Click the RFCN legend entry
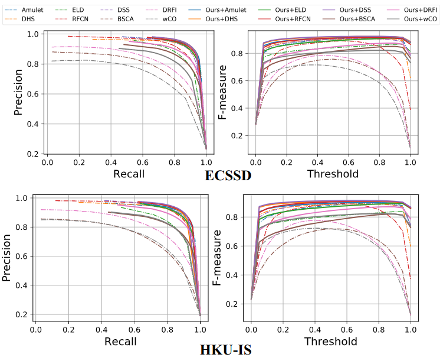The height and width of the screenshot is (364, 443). (x=73, y=19)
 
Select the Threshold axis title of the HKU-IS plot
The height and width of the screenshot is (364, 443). (x=330, y=342)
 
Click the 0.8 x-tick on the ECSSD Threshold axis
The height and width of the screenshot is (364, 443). (x=380, y=161)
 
